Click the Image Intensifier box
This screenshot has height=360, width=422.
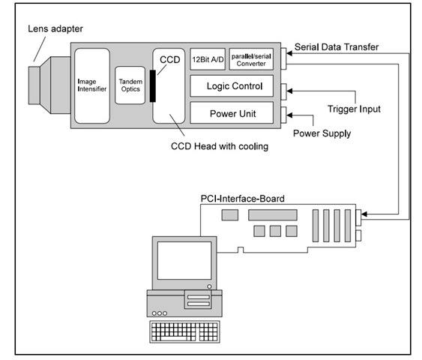pos(92,85)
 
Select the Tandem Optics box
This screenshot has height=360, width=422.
pos(130,85)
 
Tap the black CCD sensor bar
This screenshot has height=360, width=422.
pos(153,86)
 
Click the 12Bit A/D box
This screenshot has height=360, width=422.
pos(208,59)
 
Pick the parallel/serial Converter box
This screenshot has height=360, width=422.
pos(251,59)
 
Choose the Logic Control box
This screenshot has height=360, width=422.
pos(232,86)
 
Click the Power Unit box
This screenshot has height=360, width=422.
pos(232,112)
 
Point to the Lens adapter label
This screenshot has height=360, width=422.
pos(55,28)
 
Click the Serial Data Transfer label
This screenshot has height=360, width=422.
pos(337,47)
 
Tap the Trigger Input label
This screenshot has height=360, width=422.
pos(354,109)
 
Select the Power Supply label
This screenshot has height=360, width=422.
pos(322,133)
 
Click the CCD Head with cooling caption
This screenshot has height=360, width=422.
pos(220,146)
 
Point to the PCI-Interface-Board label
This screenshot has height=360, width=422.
pos(243,199)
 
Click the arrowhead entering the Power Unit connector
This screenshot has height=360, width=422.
pos(289,115)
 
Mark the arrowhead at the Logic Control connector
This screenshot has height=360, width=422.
pos(289,91)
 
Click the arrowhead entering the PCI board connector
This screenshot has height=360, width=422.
pos(364,214)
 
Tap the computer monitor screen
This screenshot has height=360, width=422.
pos(184,260)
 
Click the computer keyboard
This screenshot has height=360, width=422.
pos(184,331)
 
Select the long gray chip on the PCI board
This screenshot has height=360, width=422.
pos(273,214)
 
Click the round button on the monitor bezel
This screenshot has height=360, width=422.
pos(209,286)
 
